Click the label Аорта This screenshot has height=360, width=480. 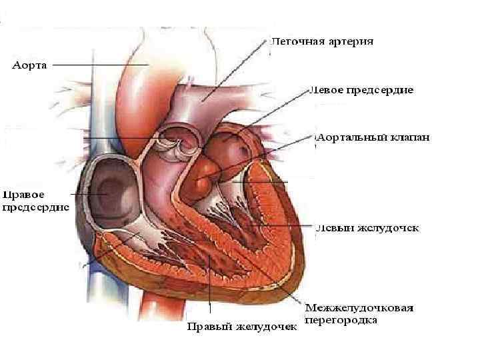click(30, 65)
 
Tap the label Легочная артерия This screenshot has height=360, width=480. click(322, 41)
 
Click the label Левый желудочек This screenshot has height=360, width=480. click(368, 228)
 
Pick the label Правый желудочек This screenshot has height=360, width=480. click(241, 327)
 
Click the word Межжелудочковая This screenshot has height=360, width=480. click(359, 308)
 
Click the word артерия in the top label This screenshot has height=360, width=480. click(351, 41)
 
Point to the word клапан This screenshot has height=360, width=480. click(411, 138)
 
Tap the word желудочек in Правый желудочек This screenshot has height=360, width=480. click(269, 327)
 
